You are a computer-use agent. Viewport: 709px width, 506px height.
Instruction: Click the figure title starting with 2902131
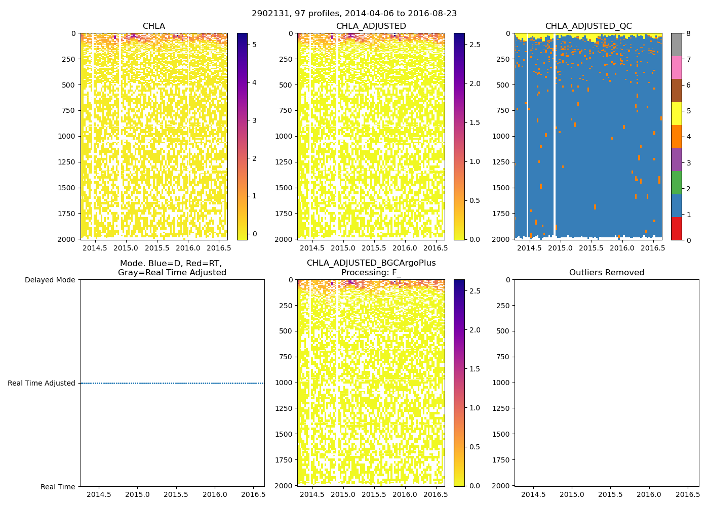point(354,14)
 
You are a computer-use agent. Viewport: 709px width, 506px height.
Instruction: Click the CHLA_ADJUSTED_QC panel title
point(588,26)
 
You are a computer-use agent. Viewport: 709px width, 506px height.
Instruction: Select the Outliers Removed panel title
point(606,273)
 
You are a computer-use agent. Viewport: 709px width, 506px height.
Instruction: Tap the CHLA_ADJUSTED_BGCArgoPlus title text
point(371,263)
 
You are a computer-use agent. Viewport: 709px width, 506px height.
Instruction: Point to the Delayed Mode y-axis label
point(50,280)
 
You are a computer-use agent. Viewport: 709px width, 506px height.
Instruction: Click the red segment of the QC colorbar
point(676,228)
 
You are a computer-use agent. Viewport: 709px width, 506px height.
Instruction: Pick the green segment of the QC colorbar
point(676,183)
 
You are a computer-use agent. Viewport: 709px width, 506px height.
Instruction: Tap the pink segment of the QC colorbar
point(676,68)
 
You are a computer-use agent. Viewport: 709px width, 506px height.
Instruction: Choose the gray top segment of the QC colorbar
point(676,45)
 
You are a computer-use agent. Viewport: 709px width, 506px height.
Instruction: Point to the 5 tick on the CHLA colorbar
point(254,45)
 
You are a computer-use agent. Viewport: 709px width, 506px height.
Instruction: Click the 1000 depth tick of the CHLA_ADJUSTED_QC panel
point(501,136)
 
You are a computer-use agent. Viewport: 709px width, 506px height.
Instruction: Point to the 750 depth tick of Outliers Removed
point(503,357)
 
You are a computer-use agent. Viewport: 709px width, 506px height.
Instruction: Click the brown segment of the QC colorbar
point(676,91)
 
